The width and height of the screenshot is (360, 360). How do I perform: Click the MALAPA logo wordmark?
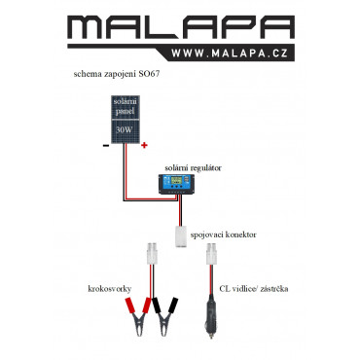(x=181, y=27)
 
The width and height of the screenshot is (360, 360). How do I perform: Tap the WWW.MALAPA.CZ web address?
(x=230, y=54)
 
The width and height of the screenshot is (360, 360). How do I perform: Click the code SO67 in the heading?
(x=149, y=74)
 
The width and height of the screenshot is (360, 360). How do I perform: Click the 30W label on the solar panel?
(x=125, y=130)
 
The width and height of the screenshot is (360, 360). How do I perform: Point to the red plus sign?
(x=144, y=145)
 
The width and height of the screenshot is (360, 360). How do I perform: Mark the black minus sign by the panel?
(x=106, y=146)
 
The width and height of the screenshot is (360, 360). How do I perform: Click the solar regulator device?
(x=176, y=184)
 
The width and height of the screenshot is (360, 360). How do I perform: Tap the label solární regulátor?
(x=193, y=168)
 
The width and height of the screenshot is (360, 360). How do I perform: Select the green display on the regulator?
(x=176, y=180)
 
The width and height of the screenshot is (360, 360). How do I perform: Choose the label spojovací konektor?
(x=223, y=234)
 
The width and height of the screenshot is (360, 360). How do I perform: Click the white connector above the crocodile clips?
(x=152, y=254)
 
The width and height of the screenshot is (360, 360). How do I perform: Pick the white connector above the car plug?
(x=211, y=254)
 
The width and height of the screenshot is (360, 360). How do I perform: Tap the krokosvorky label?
(x=110, y=289)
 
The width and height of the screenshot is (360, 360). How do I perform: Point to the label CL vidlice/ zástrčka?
(x=254, y=289)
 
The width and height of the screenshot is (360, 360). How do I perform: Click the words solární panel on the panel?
(x=126, y=107)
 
